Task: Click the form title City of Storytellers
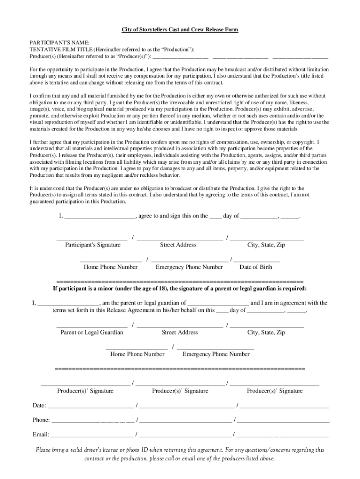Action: click(180, 29)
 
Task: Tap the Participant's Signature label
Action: click(93, 245)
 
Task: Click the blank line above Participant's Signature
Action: click(92, 239)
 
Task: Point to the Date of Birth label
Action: click(255, 267)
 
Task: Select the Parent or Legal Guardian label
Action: click(92, 332)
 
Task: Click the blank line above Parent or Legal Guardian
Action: click(92, 326)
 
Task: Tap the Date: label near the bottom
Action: click(39, 405)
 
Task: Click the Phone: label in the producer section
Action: click(41, 420)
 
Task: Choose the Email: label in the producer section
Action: click(41, 434)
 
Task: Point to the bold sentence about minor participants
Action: click(180, 289)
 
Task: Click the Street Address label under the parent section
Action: click(180, 332)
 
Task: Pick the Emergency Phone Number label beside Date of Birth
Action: click(189, 267)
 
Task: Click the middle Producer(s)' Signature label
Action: click(180, 391)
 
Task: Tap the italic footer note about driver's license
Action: click(180, 454)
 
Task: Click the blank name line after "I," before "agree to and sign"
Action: click(100, 218)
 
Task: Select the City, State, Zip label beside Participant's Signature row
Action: click(266, 245)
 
